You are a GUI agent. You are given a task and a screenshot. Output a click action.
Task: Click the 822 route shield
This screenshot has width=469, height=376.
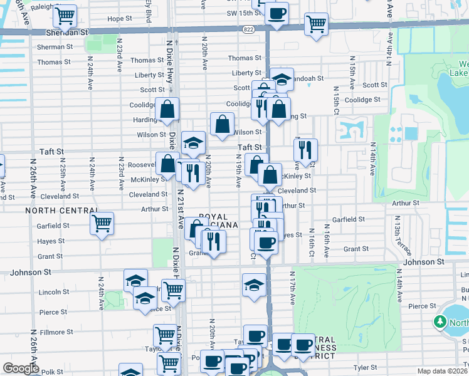pos(248,29)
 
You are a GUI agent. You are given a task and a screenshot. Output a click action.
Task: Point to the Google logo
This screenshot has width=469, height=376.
pos(21,368)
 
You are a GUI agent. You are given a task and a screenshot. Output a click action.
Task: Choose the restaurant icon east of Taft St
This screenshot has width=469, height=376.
pos(305,150)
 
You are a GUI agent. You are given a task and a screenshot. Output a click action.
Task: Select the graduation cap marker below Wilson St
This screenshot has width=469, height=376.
pos(193,143)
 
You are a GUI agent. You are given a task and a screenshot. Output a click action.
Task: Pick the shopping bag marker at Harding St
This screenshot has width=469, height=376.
pos(167,109)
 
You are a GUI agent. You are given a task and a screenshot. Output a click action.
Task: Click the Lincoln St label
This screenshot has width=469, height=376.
pos(54,292)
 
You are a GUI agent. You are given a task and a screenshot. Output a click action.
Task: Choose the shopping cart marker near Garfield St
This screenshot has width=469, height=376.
pos(102,223)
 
